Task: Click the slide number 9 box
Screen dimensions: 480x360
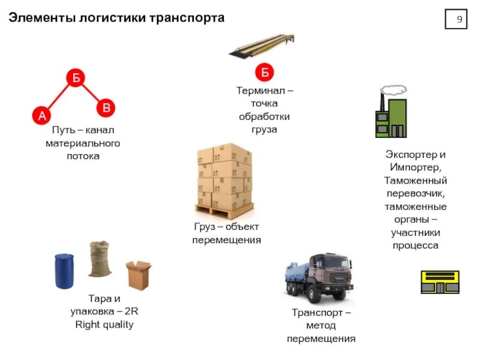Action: pyautogui.click(x=459, y=20)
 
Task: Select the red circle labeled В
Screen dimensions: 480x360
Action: pyautogui.click(x=106, y=108)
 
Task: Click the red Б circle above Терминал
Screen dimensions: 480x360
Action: pyautogui.click(x=264, y=73)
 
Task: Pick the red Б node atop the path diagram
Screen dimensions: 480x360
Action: pyautogui.click(x=76, y=77)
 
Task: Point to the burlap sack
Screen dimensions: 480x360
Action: pyautogui.click(x=100, y=259)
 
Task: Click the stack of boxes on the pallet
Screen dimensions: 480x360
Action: pyautogui.click(x=224, y=180)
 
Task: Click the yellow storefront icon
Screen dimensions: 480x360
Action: pyautogui.click(x=439, y=282)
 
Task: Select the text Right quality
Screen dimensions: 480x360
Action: pyautogui.click(x=104, y=325)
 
